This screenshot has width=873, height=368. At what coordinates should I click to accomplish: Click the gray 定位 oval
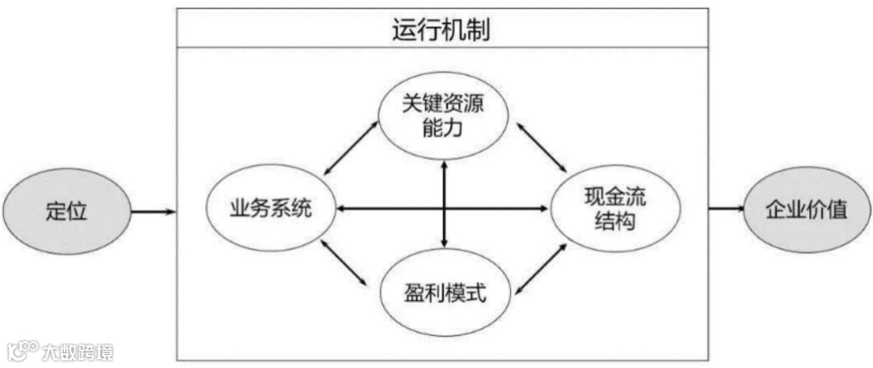pyautogui.click(x=66, y=211)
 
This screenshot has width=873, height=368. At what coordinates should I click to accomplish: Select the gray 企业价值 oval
pyautogui.click(x=805, y=210)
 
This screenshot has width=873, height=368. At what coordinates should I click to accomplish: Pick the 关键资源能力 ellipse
pyautogui.click(x=444, y=115)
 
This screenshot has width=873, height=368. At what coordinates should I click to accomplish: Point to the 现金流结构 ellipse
pyautogui.click(x=615, y=209)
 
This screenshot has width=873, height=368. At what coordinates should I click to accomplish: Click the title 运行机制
pyautogui.click(x=441, y=29)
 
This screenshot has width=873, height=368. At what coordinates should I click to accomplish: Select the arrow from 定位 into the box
pyautogui.click(x=153, y=212)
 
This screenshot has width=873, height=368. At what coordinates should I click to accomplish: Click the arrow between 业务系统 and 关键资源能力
pyautogui.click(x=351, y=147)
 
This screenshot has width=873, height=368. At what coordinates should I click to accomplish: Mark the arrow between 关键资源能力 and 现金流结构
pyautogui.click(x=542, y=147)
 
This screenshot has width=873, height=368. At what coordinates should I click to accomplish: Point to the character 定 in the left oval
pyautogui.click(x=56, y=211)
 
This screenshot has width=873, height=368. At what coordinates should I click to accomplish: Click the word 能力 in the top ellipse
pyautogui.click(x=443, y=126)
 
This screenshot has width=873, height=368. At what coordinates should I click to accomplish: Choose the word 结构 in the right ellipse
pyautogui.click(x=615, y=221)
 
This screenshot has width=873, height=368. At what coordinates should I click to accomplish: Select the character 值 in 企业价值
pyautogui.click(x=837, y=210)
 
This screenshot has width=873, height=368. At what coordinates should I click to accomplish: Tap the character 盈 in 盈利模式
pyautogui.click(x=415, y=291)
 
